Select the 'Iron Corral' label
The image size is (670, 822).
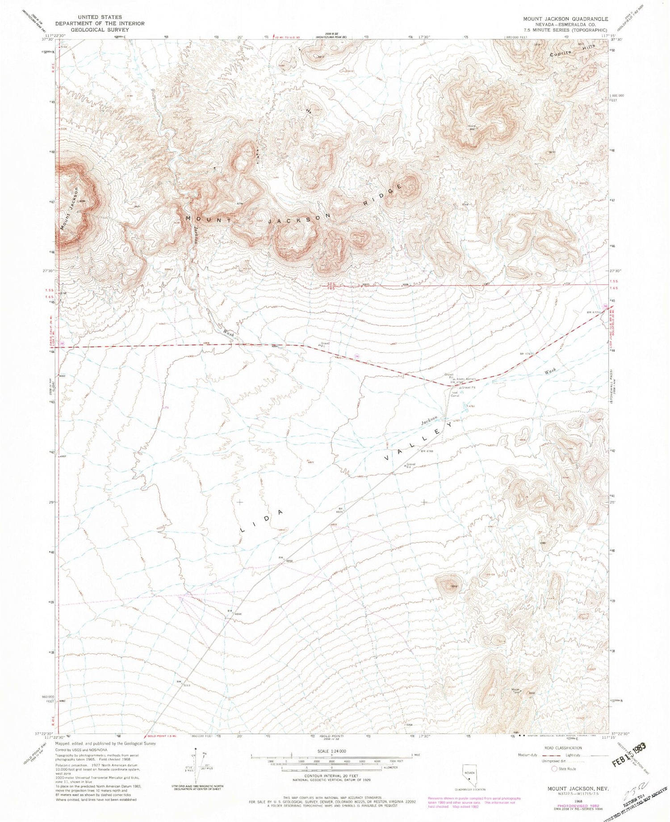(455, 394)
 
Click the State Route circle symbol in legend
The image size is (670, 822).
(555, 769)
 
